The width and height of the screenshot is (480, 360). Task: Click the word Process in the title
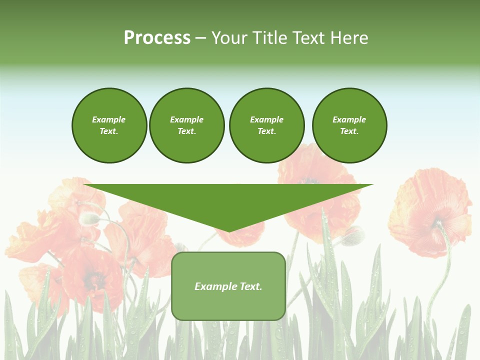click(x=157, y=38)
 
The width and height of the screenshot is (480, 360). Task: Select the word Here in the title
click(x=348, y=38)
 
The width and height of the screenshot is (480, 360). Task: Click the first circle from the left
click(x=109, y=125)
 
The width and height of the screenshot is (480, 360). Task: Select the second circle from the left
click(x=186, y=125)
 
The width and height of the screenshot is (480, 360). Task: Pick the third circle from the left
click(x=266, y=125)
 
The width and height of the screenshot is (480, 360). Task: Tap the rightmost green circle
click(x=349, y=125)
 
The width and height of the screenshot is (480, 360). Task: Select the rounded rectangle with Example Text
click(x=228, y=286)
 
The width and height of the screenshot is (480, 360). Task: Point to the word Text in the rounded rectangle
click(x=251, y=286)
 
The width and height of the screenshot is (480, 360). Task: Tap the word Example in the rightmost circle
click(x=349, y=119)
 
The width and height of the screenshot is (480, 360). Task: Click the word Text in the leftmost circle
click(x=109, y=131)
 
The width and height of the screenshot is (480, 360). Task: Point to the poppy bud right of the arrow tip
click(x=353, y=235)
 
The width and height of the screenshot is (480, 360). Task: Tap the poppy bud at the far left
click(x=89, y=218)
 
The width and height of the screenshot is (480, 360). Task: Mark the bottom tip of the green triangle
click(x=229, y=231)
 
